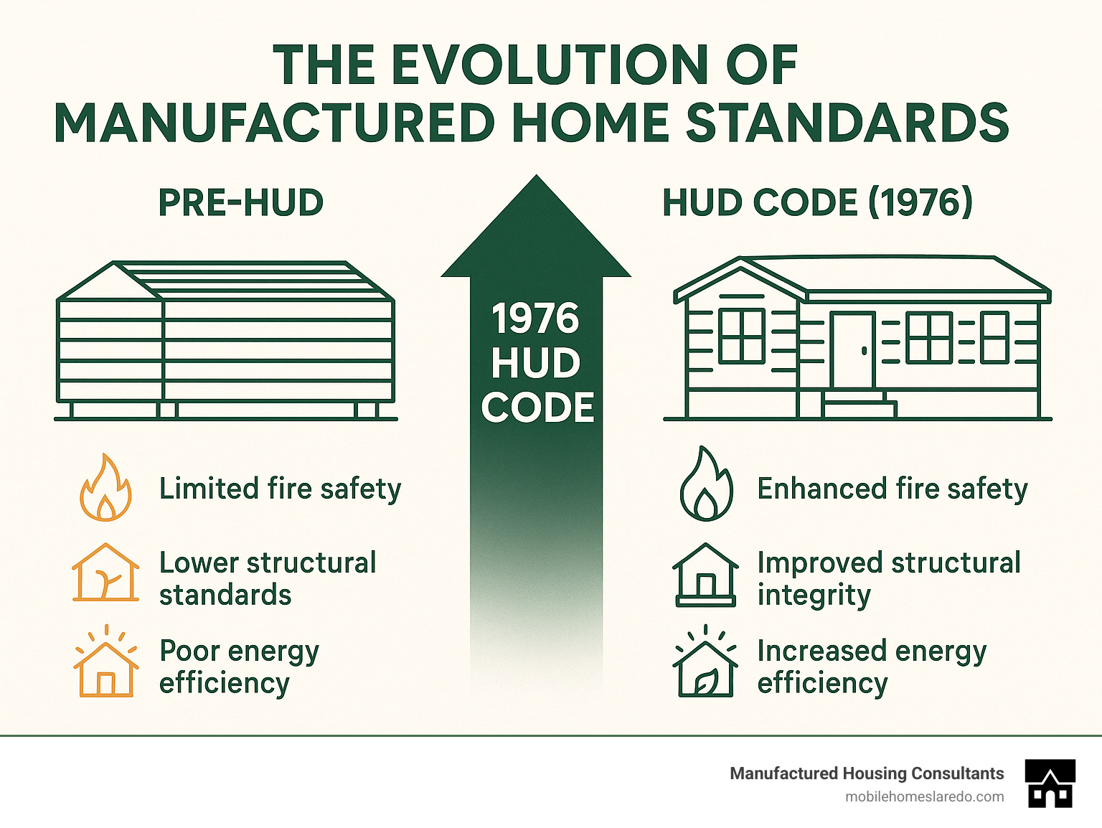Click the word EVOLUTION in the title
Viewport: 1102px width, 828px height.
544,65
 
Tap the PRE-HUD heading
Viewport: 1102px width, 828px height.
241,202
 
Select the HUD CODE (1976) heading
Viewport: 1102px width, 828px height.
818,202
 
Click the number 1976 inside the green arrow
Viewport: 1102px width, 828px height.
536,319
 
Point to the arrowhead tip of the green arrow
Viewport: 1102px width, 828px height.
536,175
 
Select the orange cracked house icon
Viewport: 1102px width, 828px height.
105,572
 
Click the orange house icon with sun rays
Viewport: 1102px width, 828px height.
106,661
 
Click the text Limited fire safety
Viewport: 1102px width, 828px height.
280,489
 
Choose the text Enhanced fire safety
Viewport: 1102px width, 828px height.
893,489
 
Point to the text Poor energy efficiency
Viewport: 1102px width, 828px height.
240,667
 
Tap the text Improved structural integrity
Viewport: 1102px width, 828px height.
889,579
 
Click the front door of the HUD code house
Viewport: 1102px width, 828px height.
852,350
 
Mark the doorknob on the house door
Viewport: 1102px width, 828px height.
864,350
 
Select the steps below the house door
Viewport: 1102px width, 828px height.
860,405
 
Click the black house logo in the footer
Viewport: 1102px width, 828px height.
1050,783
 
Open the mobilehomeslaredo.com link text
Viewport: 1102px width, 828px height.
925,797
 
